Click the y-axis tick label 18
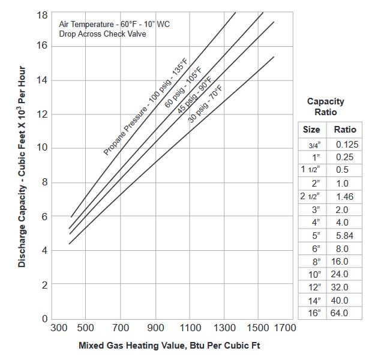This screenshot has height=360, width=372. pyautogui.click(x=42, y=14)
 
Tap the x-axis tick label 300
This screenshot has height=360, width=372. pyautogui.click(x=59, y=328)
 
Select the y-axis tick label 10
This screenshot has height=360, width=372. pyautogui.click(x=42, y=149)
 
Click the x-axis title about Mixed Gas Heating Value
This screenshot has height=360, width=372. pyautogui.click(x=169, y=346)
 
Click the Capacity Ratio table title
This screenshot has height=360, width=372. pyautogui.click(x=326, y=107)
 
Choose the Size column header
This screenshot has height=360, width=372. pyautogui.click(x=311, y=130)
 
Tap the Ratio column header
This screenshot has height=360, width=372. pyautogui.click(x=345, y=130)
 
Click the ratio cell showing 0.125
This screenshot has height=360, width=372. pyautogui.click(x=347, y=145)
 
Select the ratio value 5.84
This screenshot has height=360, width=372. pyautogui.click(x=345, y=235)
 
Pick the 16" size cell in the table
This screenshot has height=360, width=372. pyautogui.click(x=314, y=313)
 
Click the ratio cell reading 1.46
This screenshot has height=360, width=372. pyautogui.click(x=345, y=196)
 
